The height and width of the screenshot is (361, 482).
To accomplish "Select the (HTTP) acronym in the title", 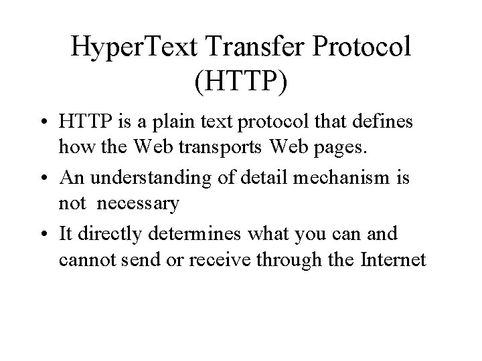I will tap(241, 82).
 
